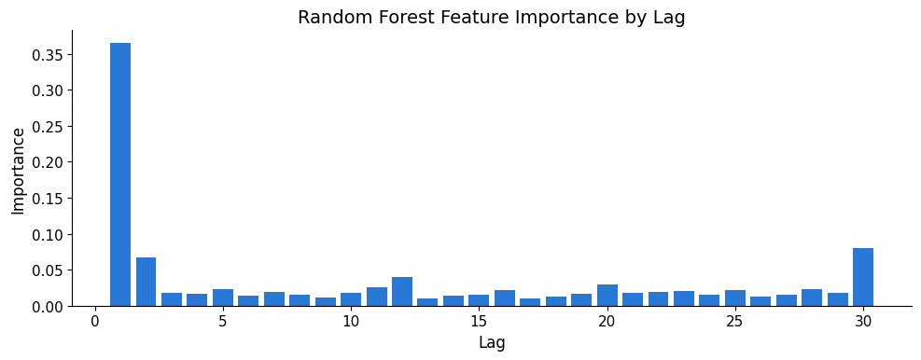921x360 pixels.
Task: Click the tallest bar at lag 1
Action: (120, 174)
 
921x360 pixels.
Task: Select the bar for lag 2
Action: (146, 282)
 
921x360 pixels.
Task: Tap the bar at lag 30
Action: (863, 277)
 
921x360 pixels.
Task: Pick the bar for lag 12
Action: (402, 291)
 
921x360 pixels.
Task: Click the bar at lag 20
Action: (607, 296)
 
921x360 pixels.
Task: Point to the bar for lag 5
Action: (223, 298)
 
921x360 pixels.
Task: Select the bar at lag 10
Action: (351, 299)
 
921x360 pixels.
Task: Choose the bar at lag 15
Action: (479, 300)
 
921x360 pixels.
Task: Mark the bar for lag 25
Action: (734, 298)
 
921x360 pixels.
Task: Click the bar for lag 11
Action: (376, 297)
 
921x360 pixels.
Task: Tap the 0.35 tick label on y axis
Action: (49, 55)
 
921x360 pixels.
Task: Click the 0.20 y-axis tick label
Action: (49, 162)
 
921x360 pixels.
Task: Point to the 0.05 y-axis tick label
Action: (49, 270)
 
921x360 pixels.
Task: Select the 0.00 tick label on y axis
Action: (49, 307)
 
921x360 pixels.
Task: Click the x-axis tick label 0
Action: (94, 321)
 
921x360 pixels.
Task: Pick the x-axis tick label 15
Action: (479, 321)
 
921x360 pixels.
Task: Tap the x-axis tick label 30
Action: (863, 321)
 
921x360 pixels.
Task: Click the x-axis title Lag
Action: (492, 341)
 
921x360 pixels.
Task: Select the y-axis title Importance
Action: (19, 171)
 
